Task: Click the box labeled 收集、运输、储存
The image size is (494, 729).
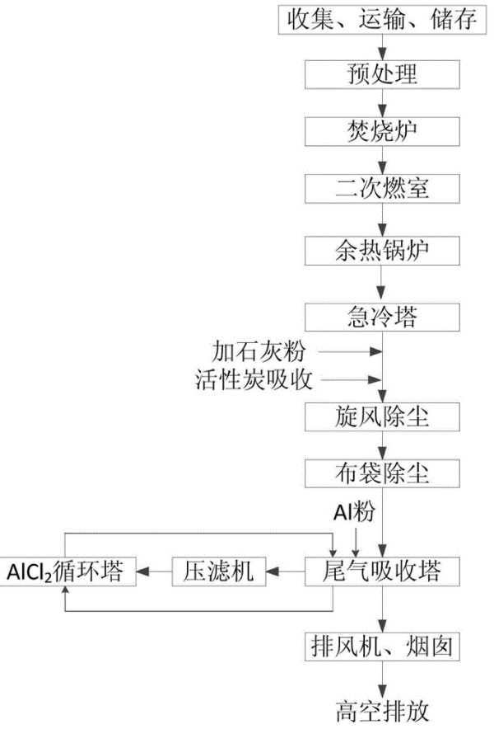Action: click(382, 20)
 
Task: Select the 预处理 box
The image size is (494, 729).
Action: click(382, 74)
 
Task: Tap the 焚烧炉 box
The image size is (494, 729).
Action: click(382, 132)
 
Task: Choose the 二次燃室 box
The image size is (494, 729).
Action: click(382, 188)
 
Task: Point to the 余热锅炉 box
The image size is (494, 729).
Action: click(382, 251)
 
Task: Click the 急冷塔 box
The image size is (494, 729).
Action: click(382, 317)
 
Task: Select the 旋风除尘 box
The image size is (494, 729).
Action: click(382, 416)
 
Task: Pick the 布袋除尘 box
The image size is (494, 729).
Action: click(382, 473)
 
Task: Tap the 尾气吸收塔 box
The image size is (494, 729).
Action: click(382, 571)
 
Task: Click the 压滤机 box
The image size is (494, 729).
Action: click(219, 571)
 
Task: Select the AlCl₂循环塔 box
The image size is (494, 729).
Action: click(68, 571)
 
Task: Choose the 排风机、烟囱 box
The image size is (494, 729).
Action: click(382, 647)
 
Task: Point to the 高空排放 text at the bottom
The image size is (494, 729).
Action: click(382, 712)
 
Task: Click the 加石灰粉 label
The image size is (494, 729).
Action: click(259, 351)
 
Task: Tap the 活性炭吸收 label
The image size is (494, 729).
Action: click(254, 380)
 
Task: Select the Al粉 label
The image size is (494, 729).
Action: click(354, 512)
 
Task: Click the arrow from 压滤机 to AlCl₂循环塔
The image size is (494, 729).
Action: click(154, 571)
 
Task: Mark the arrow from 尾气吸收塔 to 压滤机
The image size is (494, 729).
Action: click(285, 571)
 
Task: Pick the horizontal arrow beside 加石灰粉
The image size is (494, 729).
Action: click(350, 351)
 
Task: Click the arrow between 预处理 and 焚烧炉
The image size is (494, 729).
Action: click(382, 103)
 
